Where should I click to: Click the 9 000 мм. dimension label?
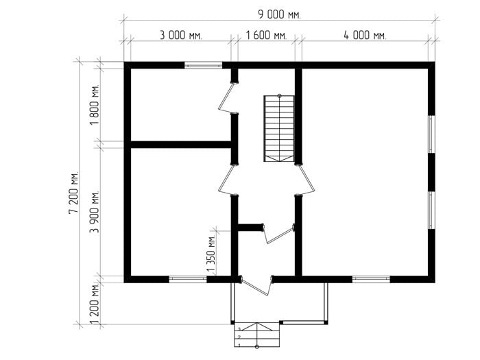(x=280, y=14)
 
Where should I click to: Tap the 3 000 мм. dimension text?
(x=181, y=35)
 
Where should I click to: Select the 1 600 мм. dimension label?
(x=266, y=35)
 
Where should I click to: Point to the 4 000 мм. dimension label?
(x=365, y=35)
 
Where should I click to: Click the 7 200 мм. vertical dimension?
(x=74, y=192)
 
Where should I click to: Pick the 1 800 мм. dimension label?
(x=95, y=104)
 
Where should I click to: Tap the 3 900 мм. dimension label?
(x=95, y=212)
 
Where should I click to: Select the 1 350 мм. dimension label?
(x=211, y=254)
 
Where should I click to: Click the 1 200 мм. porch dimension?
(x=95, y=304)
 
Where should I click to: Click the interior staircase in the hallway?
(x=279, y=128)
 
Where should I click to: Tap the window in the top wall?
(x=203, y=65)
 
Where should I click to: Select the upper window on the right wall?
(x=431, y=134)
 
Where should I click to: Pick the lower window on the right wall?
(x=431, y=211)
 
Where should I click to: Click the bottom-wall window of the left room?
(x=188, y=279)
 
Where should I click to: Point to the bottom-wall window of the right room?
(x=371, y=279)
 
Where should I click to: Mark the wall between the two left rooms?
(x=181, y=145)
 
